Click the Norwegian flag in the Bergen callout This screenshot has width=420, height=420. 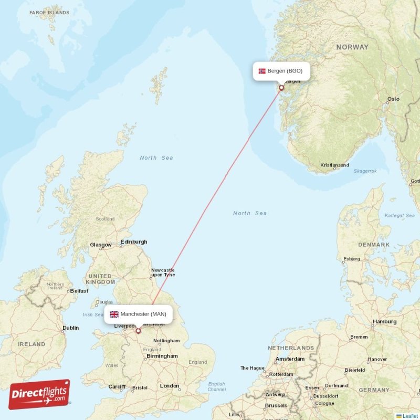click(x=262, y=71)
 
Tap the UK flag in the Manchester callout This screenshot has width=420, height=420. click(x=114, y=314)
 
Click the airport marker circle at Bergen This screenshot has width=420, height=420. click(x=281, y=88)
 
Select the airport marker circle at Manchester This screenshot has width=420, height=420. click(x=138, y=331)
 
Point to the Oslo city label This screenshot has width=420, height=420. click(x=393, y=99)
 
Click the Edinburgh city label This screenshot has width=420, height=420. click(x=134, y=242)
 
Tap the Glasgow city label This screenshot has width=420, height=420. click(x=101, y=245)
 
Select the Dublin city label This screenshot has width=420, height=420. click(x=70, y=328)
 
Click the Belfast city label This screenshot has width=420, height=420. click(x=79, y=290)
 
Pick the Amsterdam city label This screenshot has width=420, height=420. click(x=290, y=359)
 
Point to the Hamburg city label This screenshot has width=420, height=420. click(x=385, y=321)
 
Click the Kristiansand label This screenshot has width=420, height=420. click(x=334, y=165)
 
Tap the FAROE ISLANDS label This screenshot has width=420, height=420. click(x=49, y=12)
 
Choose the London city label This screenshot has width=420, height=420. click(x=170, y=386)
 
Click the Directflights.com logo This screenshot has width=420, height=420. click(x=39, y=394)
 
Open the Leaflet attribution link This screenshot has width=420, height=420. click(x=410, y=416)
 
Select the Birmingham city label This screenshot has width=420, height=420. click(x=162, y=356)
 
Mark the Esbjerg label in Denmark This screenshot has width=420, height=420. click(x=351, y=259)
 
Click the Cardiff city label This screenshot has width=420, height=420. click(x=117, y=387)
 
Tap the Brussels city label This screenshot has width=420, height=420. click(x=276, y=405)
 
